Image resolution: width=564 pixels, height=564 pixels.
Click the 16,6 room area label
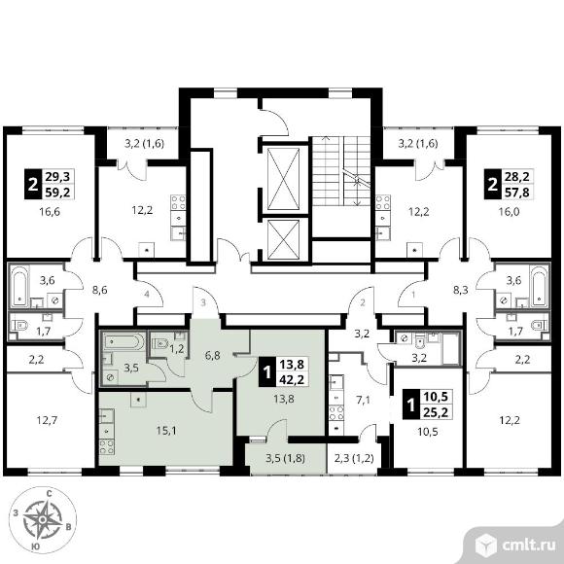click(x=50, y=212)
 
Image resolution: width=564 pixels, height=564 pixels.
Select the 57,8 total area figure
click(x=518, y=193)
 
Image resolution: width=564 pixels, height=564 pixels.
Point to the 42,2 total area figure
click(x=292, y=379)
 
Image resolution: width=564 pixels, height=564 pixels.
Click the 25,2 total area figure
click(x=436, y=412)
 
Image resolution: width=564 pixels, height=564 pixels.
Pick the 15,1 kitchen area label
click(x=166, y=431)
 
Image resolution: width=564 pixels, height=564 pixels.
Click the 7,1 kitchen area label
click(x=363, y=400)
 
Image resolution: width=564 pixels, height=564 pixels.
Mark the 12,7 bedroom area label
click(x=47, y=420)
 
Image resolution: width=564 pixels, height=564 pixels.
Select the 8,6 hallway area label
click(x=99, y=290)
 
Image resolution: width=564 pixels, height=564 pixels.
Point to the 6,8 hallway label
click(x=212, y=355)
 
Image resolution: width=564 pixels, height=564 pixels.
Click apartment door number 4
click(x=147, y=295)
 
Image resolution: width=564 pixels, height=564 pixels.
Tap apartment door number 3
click(x=203, y=302)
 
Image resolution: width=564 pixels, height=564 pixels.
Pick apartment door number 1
click(x=413, y=295)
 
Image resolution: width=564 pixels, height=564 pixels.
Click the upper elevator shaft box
click(x=284, y=179)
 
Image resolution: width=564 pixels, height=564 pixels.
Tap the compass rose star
click(x=43, y=519)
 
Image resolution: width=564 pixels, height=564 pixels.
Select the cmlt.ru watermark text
click(x=528, y=546)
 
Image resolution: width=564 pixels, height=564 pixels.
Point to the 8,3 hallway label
click(x=460, y=290)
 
